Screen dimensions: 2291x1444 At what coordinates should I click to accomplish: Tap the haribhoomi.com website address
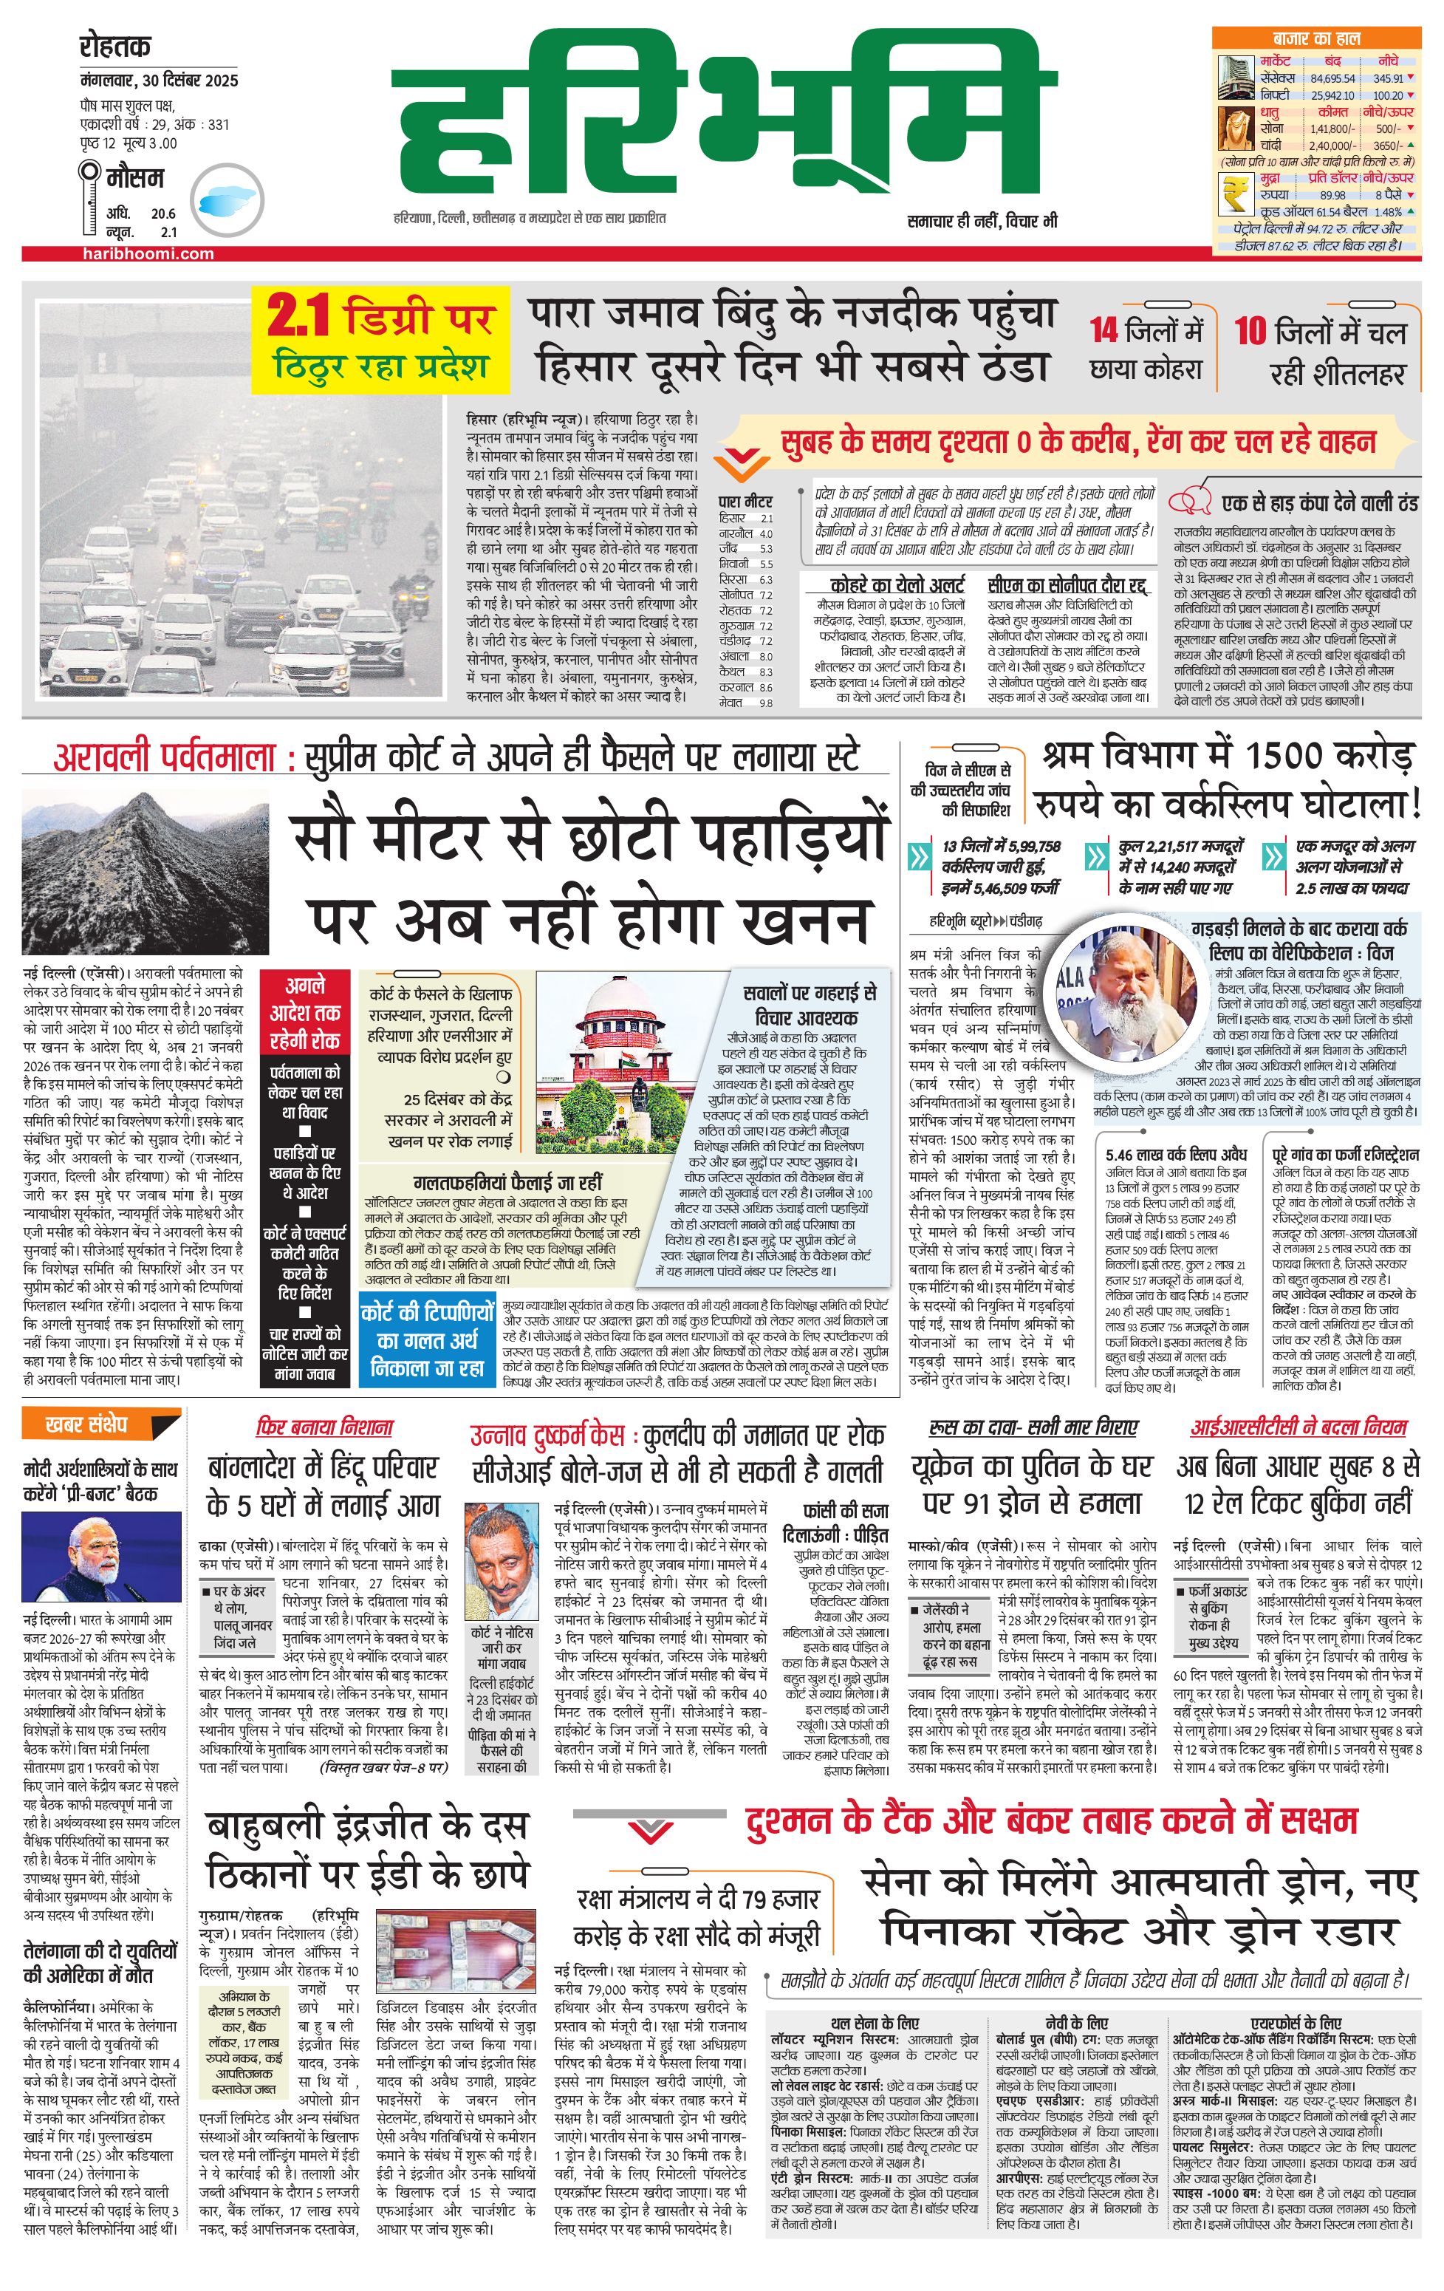click(148, 253)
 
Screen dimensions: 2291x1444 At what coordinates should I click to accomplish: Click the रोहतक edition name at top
click(115, 46)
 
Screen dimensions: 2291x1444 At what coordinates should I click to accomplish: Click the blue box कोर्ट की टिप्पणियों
click(427, 1339)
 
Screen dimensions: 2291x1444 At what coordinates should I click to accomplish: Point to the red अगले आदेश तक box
click(304, 1012)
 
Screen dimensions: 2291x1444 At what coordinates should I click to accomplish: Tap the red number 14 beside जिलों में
click(1103, 331)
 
